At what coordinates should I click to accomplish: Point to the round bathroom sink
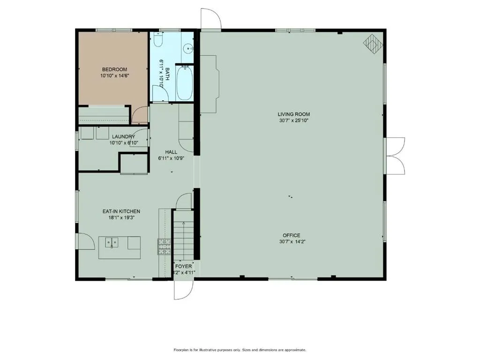click(188, 47)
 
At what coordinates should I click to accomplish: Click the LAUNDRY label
click(123, 137)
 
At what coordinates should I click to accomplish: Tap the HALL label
click(171, 152)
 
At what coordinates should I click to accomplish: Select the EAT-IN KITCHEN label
click(121, 211)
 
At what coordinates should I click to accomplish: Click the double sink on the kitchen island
click(112, 243)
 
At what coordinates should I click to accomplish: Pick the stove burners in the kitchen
click(165, 246)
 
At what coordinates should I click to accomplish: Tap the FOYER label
click(184, 266)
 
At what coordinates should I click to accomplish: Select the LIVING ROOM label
click(293, 114)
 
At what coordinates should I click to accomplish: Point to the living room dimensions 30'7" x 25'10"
click(293, 120)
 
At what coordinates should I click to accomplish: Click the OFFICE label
click(291, 235)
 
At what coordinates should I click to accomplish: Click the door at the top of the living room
click(210, 20)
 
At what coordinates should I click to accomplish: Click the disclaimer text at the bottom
click(240, 350)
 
